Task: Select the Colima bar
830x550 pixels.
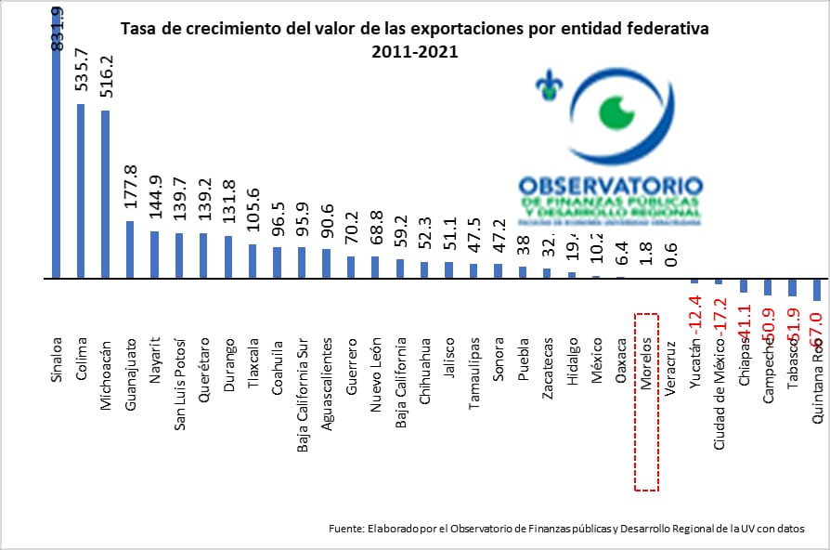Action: tap(81, 190)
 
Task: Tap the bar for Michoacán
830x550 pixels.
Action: tap(105, 194)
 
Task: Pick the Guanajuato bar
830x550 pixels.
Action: tap(129, 249)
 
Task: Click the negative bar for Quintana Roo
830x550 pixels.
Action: tap(817, 289)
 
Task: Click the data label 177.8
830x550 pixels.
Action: tap(130, 189)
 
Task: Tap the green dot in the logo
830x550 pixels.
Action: tap(614, 112)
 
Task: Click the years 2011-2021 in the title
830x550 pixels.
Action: tap(414, 52)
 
